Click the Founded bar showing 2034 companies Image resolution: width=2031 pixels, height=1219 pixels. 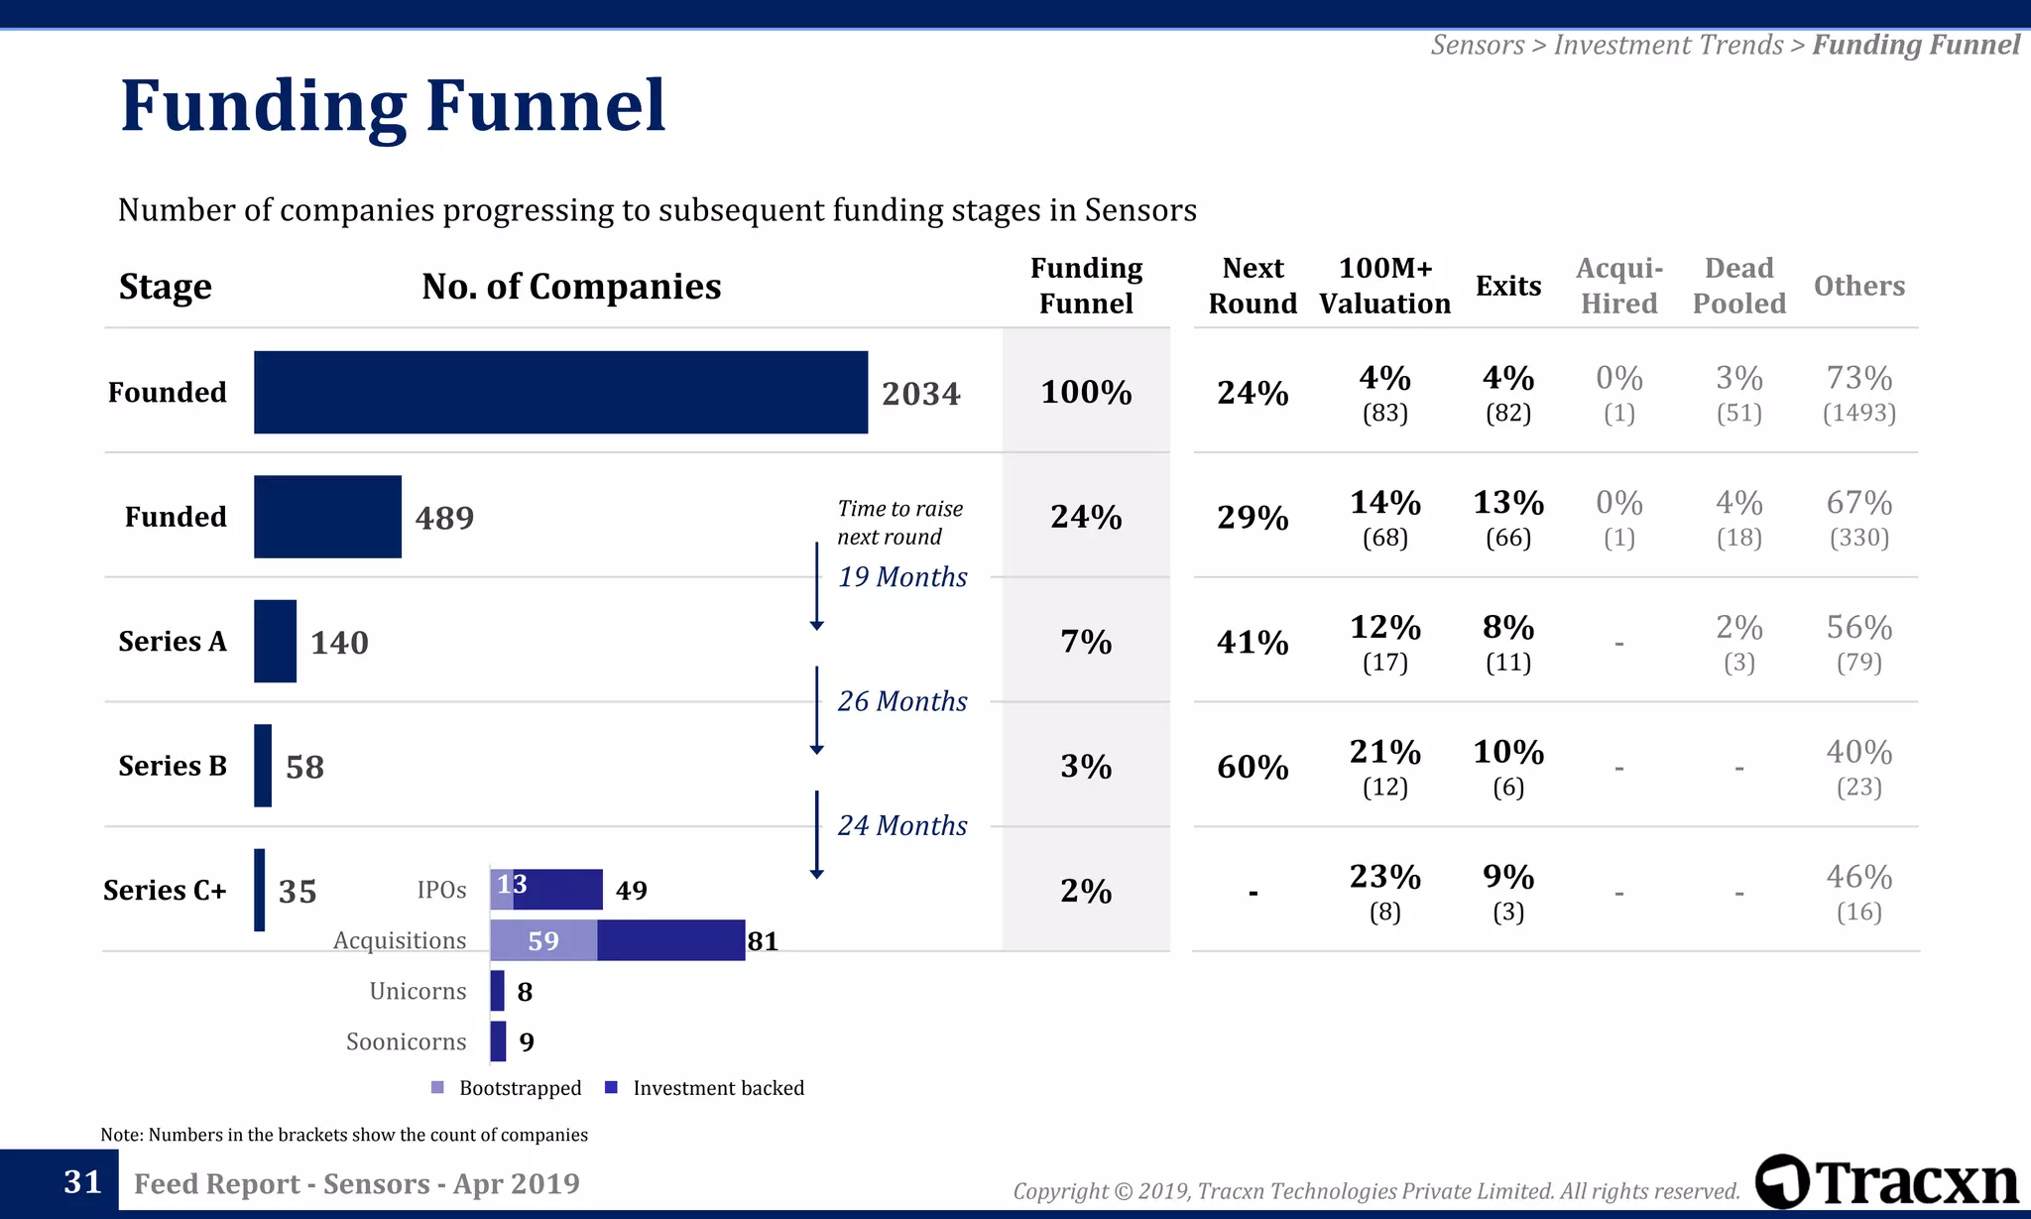click(560, 392)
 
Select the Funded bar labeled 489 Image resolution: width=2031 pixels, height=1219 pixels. click(327, 517)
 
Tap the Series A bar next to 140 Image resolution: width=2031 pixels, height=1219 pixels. click(275, 641)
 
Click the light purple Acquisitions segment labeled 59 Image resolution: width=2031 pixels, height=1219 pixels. click(543, 940)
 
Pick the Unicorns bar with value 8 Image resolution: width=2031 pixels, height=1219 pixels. click(497, 991)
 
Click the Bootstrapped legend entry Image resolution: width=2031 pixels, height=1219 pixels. click(508, 1088)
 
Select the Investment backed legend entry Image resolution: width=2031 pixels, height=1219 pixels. click(705, 1088)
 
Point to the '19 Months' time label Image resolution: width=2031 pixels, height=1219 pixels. click(902, 577)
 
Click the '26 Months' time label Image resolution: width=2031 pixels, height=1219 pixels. click(902, 701)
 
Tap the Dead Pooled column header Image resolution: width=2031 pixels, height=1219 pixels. click(1738, 286)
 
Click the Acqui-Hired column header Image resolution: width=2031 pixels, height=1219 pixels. click(1618, 286)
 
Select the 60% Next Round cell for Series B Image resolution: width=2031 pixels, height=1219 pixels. click(1253, 767)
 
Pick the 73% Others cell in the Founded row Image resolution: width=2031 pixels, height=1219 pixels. click(1858, 392)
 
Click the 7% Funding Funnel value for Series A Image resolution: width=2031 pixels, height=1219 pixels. click(1086, 642)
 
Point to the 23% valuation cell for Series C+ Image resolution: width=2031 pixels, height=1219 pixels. click(1384, 891)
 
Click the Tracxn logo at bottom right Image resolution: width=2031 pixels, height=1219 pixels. click(1886, 1182)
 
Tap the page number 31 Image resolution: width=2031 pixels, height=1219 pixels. click(82, 1182)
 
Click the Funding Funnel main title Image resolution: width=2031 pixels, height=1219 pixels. click(393, 106)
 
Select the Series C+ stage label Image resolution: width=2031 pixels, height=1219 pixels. click(165, 891)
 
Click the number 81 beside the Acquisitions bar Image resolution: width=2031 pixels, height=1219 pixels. click(763, 941)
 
